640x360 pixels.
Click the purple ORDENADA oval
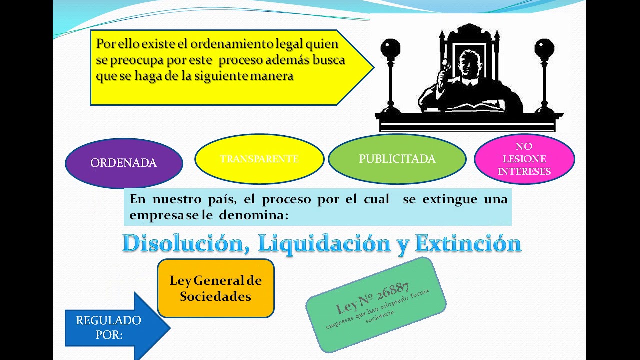[x=124, y=163]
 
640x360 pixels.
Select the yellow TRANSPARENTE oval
[x=259, y=159]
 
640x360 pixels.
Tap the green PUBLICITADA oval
[x=397, y=159]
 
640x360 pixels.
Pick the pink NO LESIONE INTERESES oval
[x=524, y=159]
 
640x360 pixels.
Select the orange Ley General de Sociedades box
[x=215, y=288]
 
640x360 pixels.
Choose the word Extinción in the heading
[x=468, y=243]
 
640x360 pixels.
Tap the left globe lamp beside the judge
[x=390, y=49]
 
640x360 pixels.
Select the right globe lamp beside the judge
[x=544, y=49]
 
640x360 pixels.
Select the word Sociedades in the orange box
[x=215, y=296]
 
